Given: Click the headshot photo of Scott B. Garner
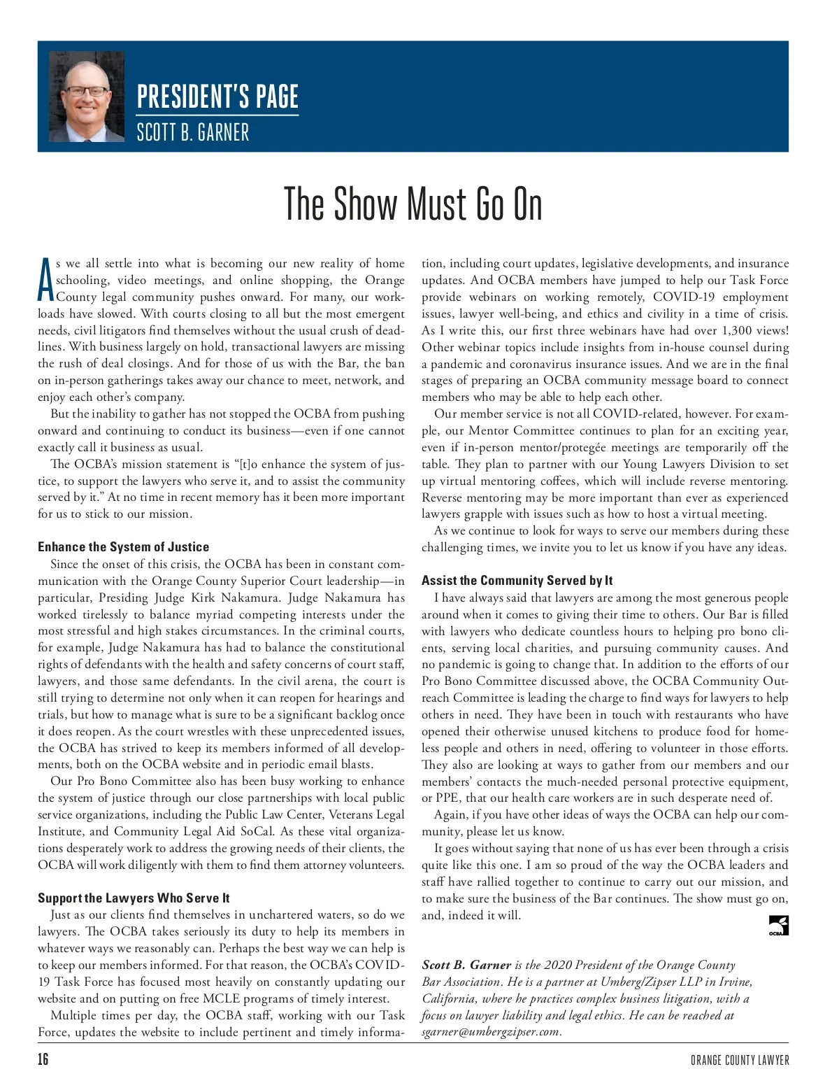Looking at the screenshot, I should click(x=87, y=97).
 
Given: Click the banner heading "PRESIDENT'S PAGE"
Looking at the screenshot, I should click(x=217, y=97).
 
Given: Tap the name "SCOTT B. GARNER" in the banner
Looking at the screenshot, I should click(x=193, y=132).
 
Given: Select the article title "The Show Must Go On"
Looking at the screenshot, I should click(x=413, y=204).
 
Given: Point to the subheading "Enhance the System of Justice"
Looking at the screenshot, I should click(x=123, y=547).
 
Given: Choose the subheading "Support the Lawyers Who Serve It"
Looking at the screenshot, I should click(x=134, y=898).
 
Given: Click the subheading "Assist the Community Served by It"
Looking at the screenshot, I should click(x=517, y=581).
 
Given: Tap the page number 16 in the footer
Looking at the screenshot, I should click(x=43, y=1059).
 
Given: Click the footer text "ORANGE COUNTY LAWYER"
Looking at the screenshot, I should click(x=740, y=1061).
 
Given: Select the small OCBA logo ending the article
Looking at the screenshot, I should click(x=778, y=926).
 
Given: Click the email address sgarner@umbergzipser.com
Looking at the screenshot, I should click(x=491, y=1032).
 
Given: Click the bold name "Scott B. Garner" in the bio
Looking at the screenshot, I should click(x=466, y=965).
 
